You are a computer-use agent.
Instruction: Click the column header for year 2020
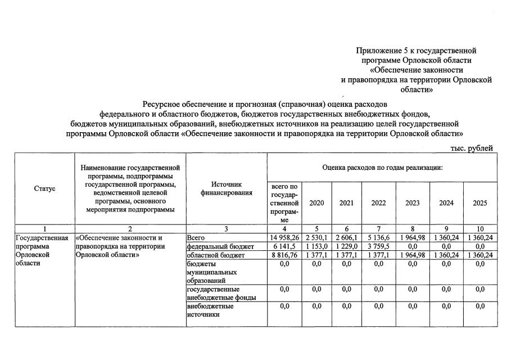click(x=316, y=203)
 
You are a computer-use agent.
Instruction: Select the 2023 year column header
click(x=413, y=203)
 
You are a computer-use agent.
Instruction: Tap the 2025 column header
click(x=480, y=203)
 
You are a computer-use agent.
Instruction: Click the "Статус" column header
click(x=44, y=188)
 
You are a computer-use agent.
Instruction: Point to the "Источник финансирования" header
click(x=227, y=188)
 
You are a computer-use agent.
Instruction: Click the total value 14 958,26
click(x=284, y=238)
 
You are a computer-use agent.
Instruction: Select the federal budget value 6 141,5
click(x=284, y=246)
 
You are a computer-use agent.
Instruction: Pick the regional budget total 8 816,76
click(x=284, y=255)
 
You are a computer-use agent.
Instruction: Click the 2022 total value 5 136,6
click(x=378, y=238)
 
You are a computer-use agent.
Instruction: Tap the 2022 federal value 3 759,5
click(x=378, y=246)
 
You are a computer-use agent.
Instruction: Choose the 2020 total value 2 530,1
click(x=316, y=238)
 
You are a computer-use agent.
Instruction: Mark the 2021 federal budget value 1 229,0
click(x=346, y=246)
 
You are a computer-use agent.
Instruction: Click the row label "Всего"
click(x=197, y=238)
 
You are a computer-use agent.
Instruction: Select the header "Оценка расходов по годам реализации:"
click(x=383, y=168)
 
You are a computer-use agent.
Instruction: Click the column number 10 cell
click(x=480, y=228)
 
